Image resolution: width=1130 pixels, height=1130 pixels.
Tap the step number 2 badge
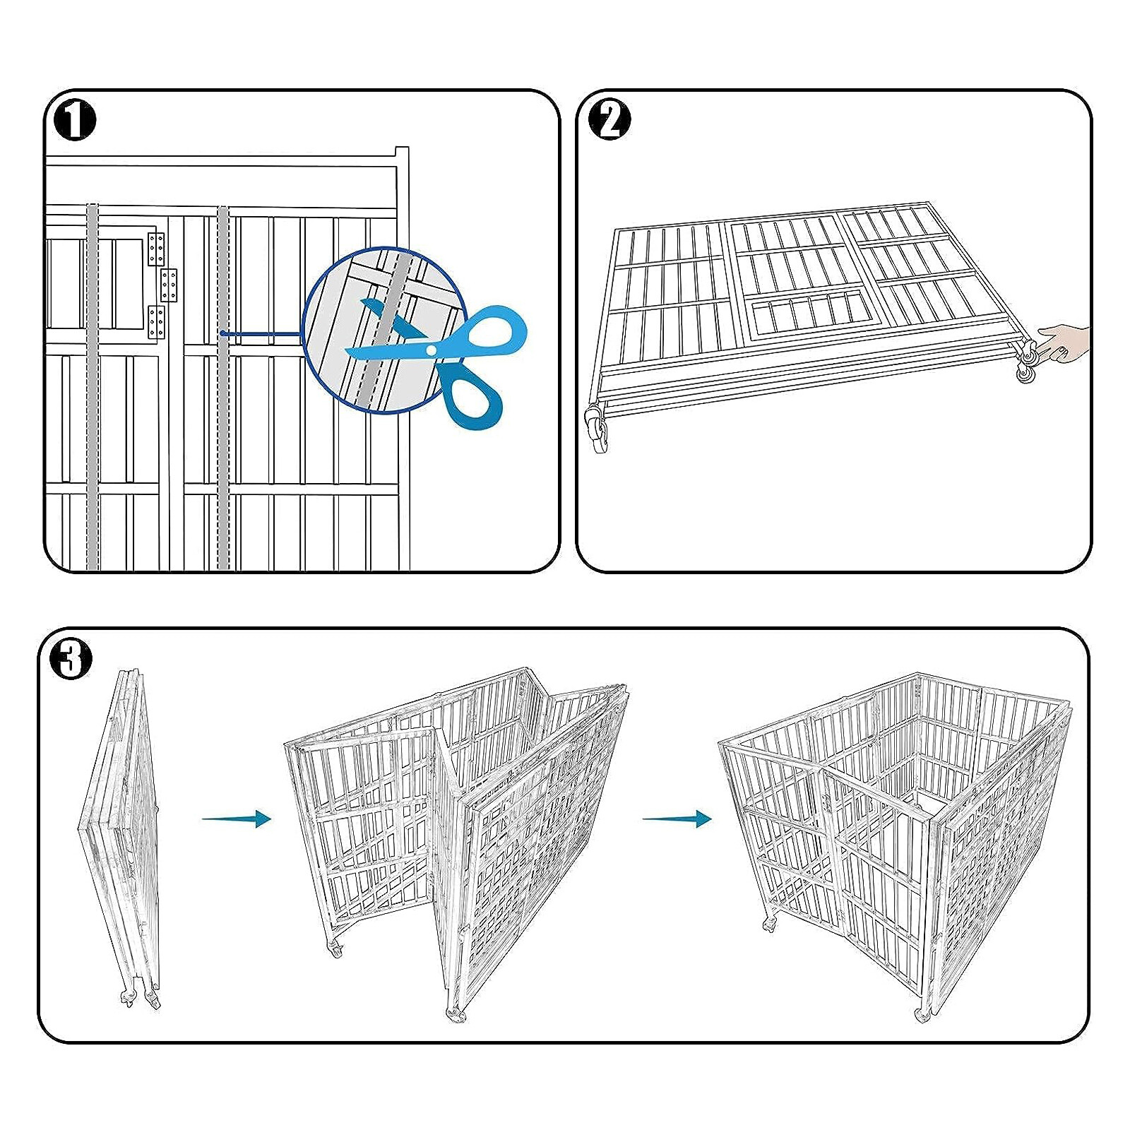tap(609, 121)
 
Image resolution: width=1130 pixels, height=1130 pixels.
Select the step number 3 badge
tap(71, 660)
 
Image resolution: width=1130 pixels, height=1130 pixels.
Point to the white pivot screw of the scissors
tap(431, 350)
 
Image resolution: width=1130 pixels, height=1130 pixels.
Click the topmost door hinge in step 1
tap(156, 249)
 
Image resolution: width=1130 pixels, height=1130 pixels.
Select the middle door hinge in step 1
tap(168, 284)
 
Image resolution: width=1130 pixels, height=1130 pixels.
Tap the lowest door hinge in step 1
tap(156, 322)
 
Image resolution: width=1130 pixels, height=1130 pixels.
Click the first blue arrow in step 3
tap(237, 819)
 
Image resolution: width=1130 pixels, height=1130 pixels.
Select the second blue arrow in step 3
tap(677, 819)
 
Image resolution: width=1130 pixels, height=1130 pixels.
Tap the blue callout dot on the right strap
tap(222, 333)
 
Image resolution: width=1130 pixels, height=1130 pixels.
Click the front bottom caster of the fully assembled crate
tap(922, 1015)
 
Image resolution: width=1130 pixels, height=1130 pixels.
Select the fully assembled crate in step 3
tap(893, 840)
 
